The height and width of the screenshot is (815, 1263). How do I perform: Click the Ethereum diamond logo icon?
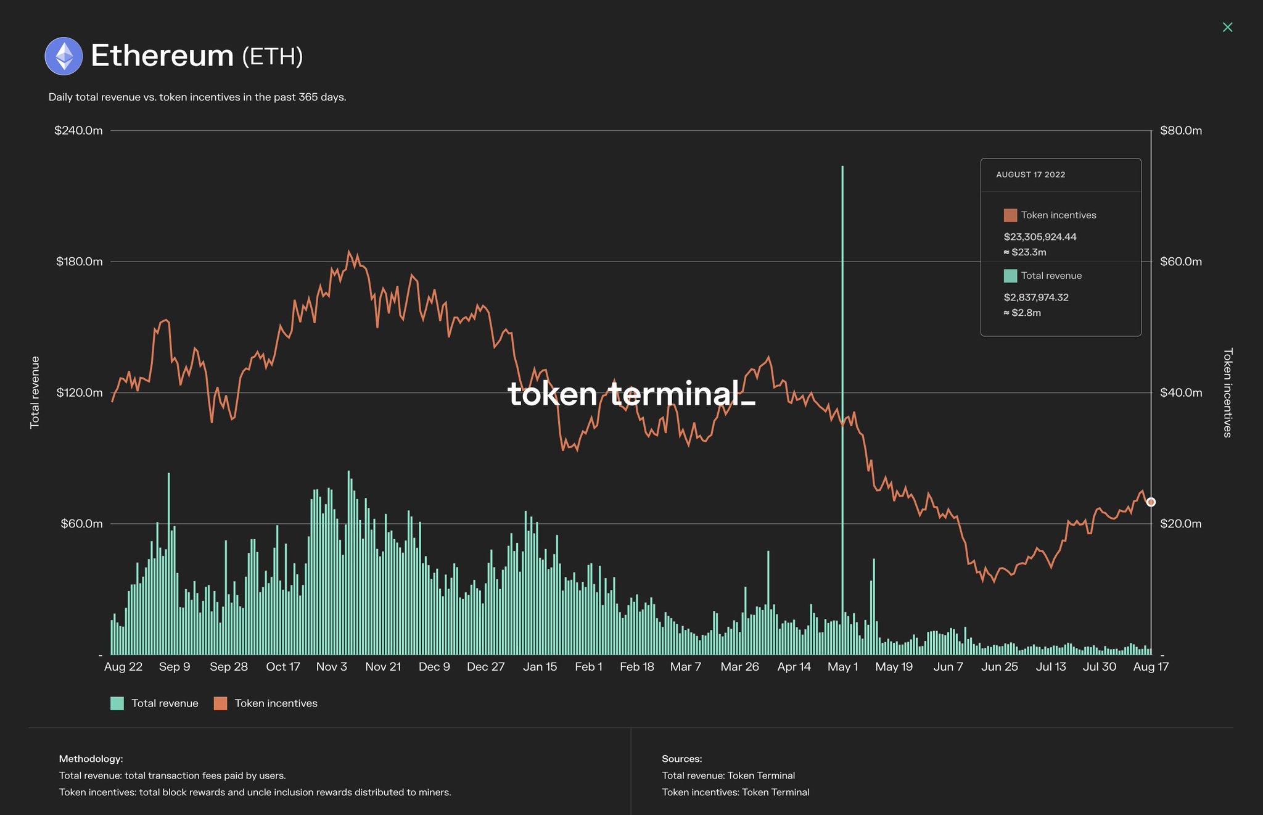click(64, 56)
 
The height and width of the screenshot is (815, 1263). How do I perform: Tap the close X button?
click(1227, 27)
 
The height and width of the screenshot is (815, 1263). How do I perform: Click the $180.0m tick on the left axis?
click(80, 262)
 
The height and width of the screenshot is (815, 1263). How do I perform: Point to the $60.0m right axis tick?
click(1180, 262)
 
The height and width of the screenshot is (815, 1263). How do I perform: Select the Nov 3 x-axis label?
click(331, 667)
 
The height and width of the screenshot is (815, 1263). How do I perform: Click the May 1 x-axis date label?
click(842, 667)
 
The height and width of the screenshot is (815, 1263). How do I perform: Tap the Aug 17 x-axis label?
click(1150, 667)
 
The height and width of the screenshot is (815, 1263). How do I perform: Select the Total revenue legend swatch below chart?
click(117, 703)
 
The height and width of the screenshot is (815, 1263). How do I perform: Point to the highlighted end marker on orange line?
click(1151, 502)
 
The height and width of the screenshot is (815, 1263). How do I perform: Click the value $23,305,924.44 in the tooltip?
click(1040, 237)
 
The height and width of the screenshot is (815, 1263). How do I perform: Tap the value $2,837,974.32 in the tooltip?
click(1036, 297)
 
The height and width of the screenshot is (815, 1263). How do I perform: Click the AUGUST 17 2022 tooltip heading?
click(1031, 175)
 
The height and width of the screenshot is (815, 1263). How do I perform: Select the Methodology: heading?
click(91, 759)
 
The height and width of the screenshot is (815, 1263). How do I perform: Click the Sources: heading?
click(681, 759)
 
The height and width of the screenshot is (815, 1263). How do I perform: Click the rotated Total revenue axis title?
click(35, 392)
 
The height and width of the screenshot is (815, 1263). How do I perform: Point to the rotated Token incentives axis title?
click(1227, 392)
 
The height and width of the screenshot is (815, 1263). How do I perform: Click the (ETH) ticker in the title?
click(272, 57)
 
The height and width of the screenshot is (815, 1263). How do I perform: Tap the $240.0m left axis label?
click(78, 131)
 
